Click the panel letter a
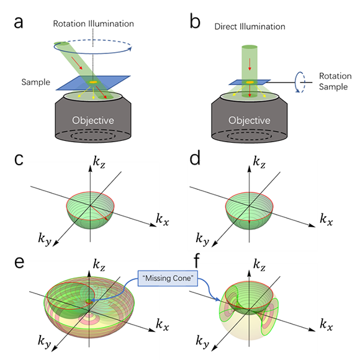coord(19,22)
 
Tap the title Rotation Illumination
coord(94,24)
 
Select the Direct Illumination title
coord(250,27)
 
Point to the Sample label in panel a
coord(35,82)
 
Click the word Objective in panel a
coord(93,120)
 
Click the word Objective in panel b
coord(250,120)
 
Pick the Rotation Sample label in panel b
coord(335,81)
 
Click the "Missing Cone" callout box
coord(168,279)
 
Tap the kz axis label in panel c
coord(99,163)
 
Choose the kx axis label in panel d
coord(326,219)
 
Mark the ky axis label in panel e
coord(45,341)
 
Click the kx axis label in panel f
coord(326,325)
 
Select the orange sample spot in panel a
coord(93,82)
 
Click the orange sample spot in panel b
coord(250,82)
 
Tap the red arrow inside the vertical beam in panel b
coord(250,65)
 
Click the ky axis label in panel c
coord(45,239)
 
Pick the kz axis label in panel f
coord(259,265)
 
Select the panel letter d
coord(195,158)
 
